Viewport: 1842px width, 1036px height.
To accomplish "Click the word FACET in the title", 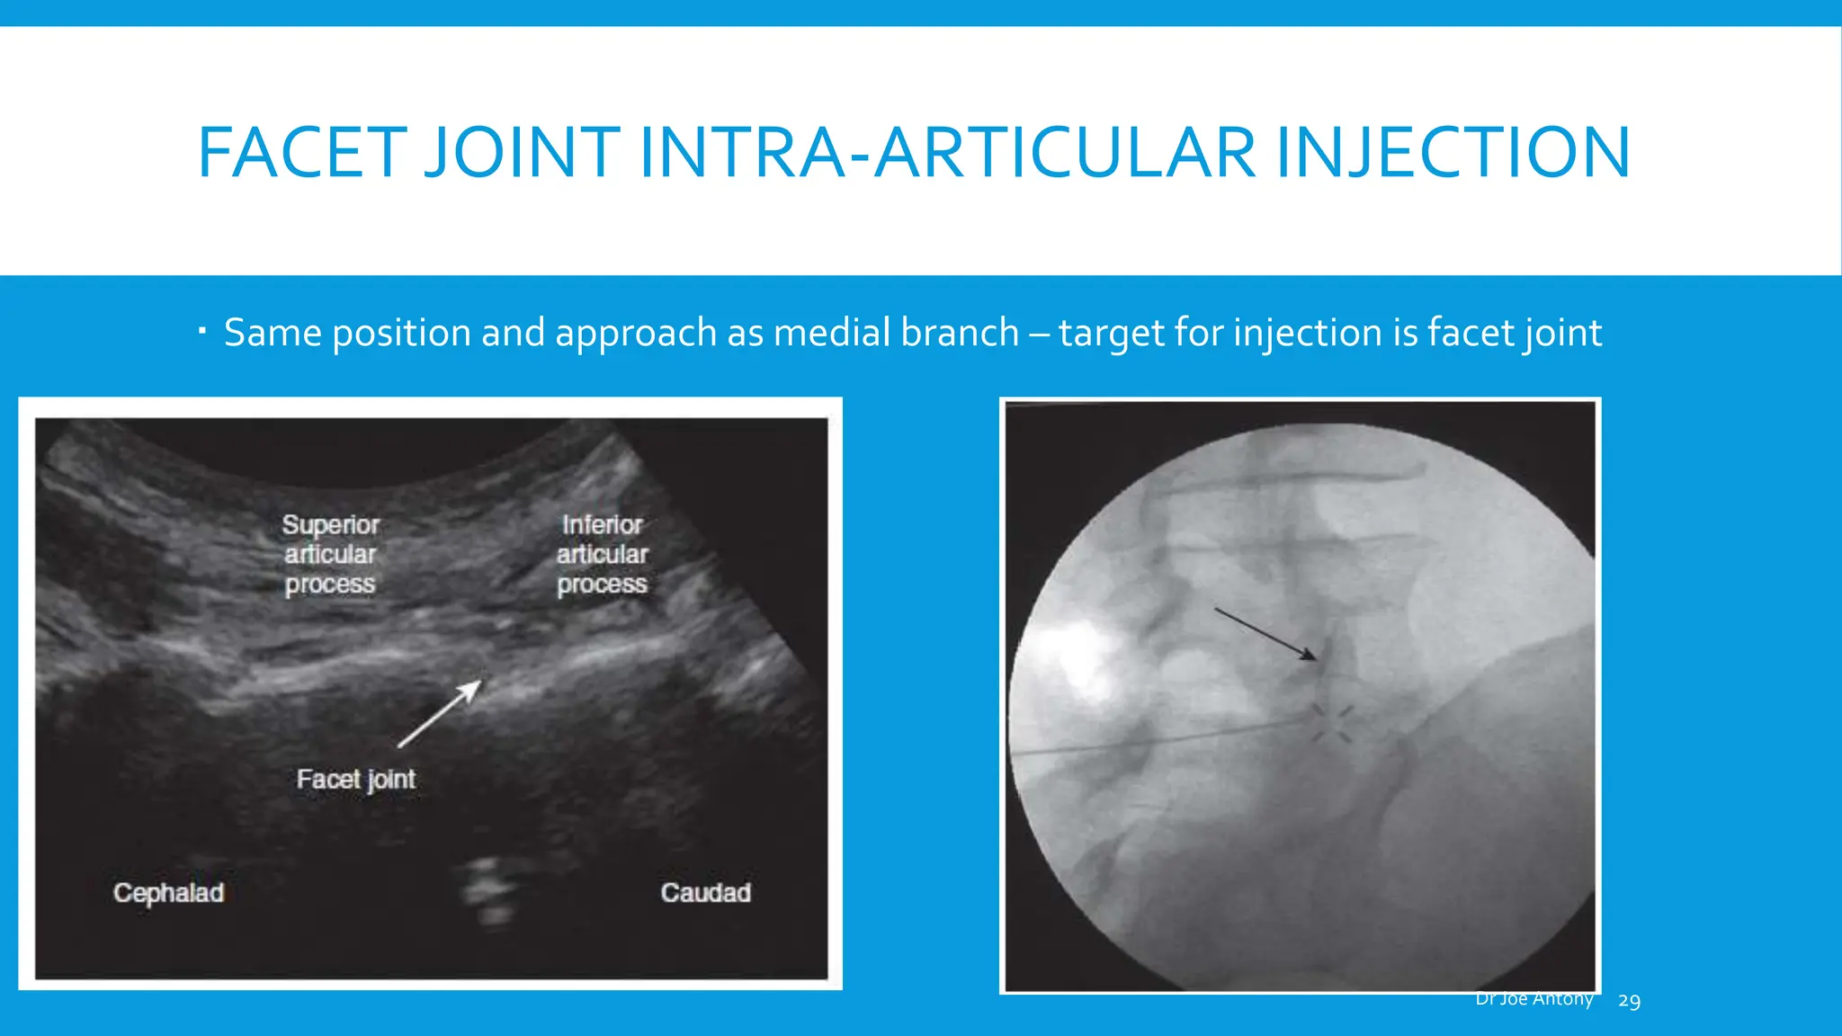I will tap(301, 152).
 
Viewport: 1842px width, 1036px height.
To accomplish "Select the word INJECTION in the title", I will tap(1453, 152).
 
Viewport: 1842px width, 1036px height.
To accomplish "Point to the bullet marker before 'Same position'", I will tap(202, 332).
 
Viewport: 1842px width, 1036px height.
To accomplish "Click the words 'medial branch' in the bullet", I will tap(896, 333).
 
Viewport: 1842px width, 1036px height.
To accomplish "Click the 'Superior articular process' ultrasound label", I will tap(330, 554).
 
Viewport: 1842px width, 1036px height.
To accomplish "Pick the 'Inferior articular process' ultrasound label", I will tap(602, 554).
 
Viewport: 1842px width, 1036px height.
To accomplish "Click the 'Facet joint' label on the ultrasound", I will tap(356, 779).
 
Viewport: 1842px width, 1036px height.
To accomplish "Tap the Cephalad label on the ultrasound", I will tap(168, 893).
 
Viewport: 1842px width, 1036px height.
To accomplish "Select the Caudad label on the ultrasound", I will tap(706, 893).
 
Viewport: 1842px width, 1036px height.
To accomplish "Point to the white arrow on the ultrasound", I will tap(440, 714).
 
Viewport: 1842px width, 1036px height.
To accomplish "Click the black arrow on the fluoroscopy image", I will tap(1265, 634).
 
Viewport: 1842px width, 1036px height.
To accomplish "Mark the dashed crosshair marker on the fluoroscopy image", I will tap(1331, 724).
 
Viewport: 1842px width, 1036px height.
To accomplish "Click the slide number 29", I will tap(1629, 1001).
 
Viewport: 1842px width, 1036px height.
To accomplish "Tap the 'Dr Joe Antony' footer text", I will tap(1534, 999).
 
